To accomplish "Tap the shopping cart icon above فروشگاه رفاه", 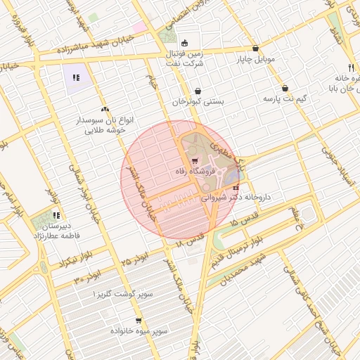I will (x=194, y=161).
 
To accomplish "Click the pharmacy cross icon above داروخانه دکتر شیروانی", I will (x=235, y=188).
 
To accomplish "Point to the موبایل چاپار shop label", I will (x=261, y=59).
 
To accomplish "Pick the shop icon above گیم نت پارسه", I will (x=285, y=89).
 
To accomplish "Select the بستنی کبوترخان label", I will (x=199, y=102).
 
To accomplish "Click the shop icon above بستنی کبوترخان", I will (x=198, y=91).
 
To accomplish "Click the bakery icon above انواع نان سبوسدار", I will (x=105, y=109).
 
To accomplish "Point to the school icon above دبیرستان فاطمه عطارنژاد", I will (x=56, y=215).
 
